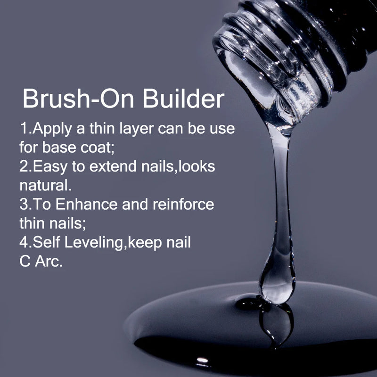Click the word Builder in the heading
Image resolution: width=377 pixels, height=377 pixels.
pos(183,98)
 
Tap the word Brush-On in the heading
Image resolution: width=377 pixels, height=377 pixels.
pos(78,98)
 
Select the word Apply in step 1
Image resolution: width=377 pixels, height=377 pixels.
pos(52,129)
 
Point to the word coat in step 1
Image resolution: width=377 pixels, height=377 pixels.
pos(97,148)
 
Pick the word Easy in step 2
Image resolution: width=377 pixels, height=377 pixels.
pos(50,167)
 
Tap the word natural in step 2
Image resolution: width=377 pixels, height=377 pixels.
pos(45,185)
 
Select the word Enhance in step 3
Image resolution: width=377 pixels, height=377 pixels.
pos(87,205)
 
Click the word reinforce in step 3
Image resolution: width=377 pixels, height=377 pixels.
pos(183,205)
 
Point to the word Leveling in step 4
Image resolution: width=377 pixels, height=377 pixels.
pos(94,243)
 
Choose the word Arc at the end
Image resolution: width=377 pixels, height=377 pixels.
pos(49,262)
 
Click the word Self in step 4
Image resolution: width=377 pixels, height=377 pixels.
pos(46,242)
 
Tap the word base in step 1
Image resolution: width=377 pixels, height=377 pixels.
pos(59,148)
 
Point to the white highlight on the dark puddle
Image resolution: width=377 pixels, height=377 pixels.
pos(202,360)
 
